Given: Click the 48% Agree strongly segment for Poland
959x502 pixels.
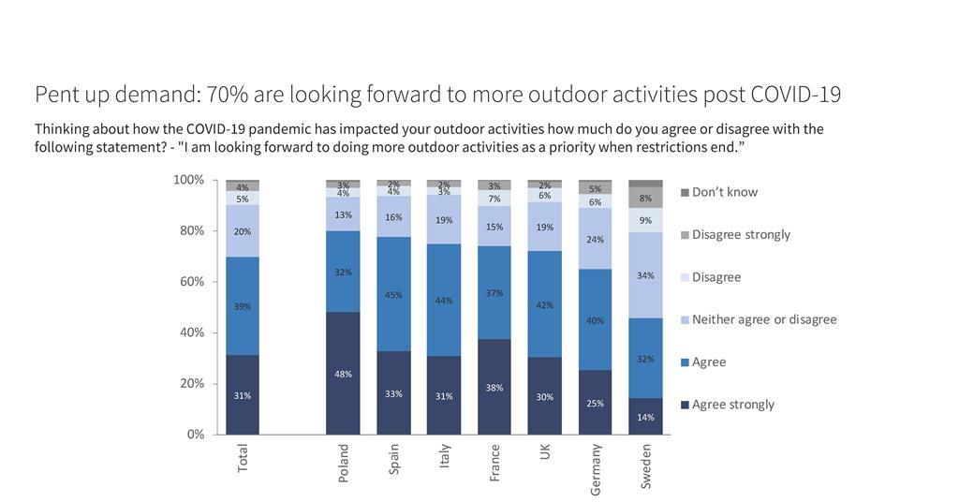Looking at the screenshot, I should pos(343,374).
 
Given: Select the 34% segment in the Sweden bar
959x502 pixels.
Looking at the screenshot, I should pos(645,275).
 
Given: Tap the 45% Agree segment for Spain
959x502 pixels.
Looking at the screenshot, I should pos(393,294).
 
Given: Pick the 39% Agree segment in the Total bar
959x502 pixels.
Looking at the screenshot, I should pos(243,306).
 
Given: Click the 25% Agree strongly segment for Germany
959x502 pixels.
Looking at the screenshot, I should pos(595,403).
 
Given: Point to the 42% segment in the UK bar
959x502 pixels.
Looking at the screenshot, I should pos(545,304).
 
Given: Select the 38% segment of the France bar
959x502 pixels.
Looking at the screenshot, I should pos(494,387).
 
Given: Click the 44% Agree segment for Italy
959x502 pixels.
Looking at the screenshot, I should pos(444,300).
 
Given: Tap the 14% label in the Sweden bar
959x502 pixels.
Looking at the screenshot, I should pos(645,418).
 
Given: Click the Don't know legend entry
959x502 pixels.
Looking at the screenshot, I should pos(724,192).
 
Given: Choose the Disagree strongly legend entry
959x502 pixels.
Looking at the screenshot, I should pos(740,234).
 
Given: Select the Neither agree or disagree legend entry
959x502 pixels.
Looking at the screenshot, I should pos(763,319).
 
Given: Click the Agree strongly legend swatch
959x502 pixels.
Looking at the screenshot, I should pos(685,406).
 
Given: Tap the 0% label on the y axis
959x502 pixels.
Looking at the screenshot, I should pos(195,435).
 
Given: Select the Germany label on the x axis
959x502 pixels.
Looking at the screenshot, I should pos(596,468).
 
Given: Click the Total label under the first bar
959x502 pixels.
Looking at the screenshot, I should pos(243,458).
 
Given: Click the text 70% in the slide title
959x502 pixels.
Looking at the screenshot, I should pos(225,95).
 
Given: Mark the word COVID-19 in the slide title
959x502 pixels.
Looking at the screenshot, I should pos(794,95).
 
